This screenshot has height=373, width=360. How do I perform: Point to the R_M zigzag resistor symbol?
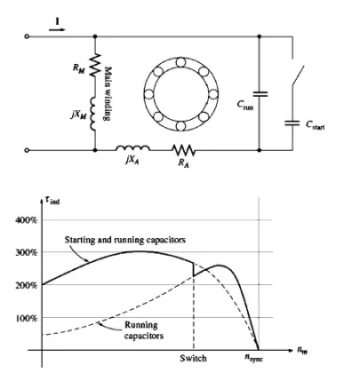pyautogui.click(x=92, y=67)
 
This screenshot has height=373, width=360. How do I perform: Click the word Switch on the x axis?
pyautogui.click(x=193, y=361)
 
